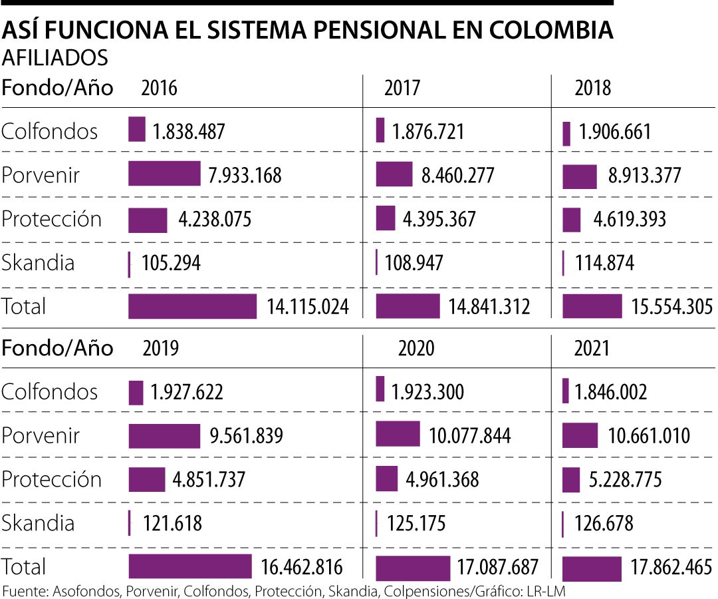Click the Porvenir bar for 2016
(164, 174)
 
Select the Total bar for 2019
(190, 566)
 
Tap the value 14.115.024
(308, 307)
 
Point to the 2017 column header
(402, 88)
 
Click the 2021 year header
(592, 348)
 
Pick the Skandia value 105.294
(171, 263)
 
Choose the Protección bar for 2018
(571, 220)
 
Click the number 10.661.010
(649, 436)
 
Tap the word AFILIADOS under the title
(55, 59)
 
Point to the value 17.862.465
(671, 567)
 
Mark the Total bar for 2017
(408, 306)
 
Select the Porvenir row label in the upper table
(41, 175)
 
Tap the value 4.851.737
(209, 480)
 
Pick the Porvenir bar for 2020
(398, 434)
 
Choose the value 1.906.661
(615, 132)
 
